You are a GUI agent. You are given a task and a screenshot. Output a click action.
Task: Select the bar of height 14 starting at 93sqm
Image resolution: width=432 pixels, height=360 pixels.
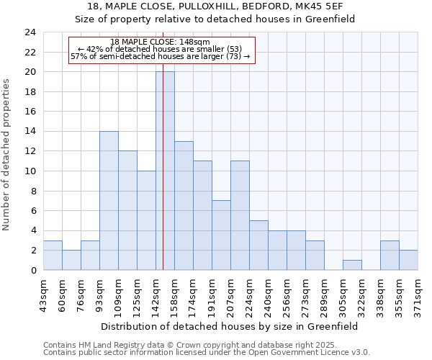tap(109, 200)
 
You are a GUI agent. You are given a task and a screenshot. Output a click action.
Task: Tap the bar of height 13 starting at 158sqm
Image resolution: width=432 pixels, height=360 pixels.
tap(184, 205)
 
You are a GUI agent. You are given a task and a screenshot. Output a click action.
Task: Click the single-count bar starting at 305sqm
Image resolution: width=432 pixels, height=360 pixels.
tap(352, 265)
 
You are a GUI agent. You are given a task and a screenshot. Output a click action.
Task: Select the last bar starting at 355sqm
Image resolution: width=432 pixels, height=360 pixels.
tap(408, 260)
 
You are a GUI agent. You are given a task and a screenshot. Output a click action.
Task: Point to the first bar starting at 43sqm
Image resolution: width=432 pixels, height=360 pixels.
tap(53, 255)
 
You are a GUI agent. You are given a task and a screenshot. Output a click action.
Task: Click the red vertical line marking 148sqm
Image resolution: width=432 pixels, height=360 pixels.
tap(163, 180)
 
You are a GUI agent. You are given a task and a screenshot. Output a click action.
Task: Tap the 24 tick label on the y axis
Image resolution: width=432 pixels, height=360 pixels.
tap(30, 32)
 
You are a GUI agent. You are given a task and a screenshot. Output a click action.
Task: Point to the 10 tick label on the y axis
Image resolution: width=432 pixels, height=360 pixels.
tap(30, 171)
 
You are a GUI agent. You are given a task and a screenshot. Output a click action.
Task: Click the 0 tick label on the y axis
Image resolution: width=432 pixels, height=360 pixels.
tap(32, 270)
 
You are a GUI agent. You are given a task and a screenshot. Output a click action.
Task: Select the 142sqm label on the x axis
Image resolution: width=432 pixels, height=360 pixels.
tap(156, 293)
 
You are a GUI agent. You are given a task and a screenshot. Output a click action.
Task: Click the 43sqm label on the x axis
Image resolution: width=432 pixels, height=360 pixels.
tap(43, 293)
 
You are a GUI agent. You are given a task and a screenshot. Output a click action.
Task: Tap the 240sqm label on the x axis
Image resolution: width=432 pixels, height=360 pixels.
tap(268, 293)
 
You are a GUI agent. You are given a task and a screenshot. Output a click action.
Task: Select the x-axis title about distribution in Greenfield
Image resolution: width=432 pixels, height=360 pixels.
tap(230, 326)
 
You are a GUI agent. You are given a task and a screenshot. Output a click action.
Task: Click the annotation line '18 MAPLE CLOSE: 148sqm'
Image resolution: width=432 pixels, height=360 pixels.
tap(161, 42)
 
